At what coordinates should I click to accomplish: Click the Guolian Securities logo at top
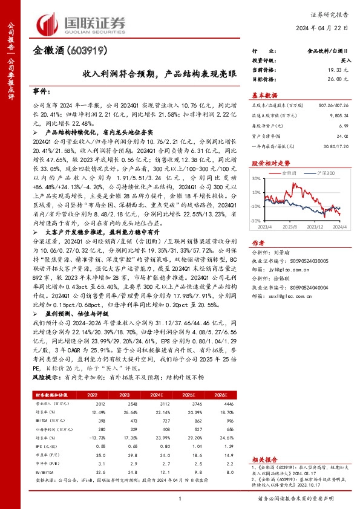pyautogui.click(x=82, y=24)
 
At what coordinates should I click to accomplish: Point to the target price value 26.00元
pyautogui.click(x=341, y=79)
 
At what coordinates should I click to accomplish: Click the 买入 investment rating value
pyautogui.click(x=346, y=62)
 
